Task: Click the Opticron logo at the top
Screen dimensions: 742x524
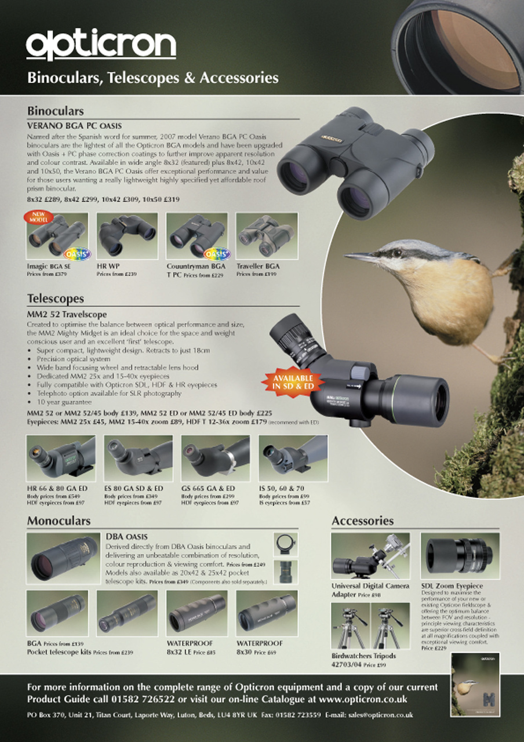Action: pyautogui.click(x=101, y=45)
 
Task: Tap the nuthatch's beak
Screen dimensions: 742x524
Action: pyautogui.click(x=359, y=256)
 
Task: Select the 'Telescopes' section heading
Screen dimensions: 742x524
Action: pyautogui.click(x=56, y=299)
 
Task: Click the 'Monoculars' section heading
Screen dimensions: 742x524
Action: pyautogui.click(x=59, y=521)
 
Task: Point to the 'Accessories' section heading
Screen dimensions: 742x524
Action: pyautogui.click(x=362, y=521)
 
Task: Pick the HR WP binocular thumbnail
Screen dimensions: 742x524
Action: pyautogui.click(x=127, y=236)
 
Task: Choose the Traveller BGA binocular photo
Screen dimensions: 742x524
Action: pyautogui.click(x=267, y=236)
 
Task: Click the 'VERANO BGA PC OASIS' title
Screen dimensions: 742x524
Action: pyautogui.click(x=75, y=125)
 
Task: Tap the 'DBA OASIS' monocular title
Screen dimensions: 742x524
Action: pyautogui.click(x=127, y=537)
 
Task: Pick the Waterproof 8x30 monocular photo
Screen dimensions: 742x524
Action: pyautogui.click(x=267, y=613)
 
